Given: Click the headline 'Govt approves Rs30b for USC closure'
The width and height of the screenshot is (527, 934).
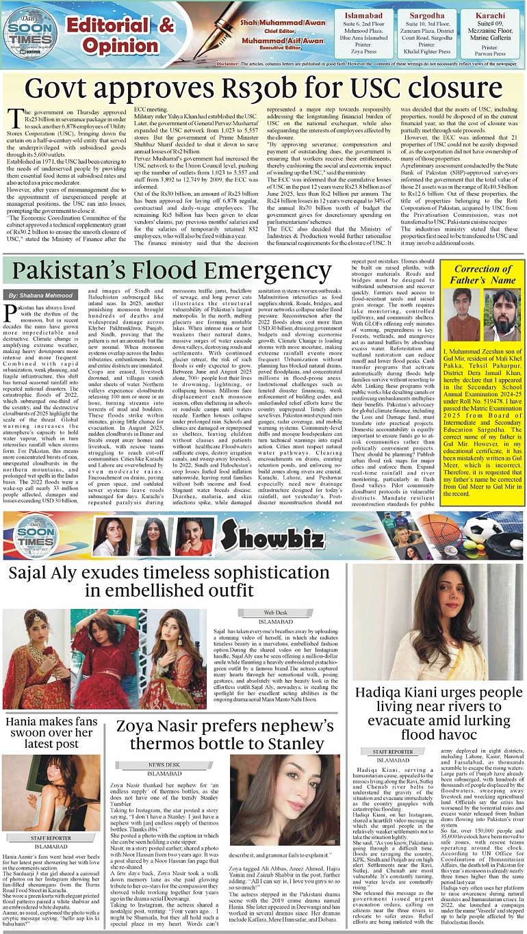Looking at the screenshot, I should pyautogui.click(x=263, y=89).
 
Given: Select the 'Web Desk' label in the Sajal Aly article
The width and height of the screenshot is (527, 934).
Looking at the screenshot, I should pyautogui.click(x=276, y=612).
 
